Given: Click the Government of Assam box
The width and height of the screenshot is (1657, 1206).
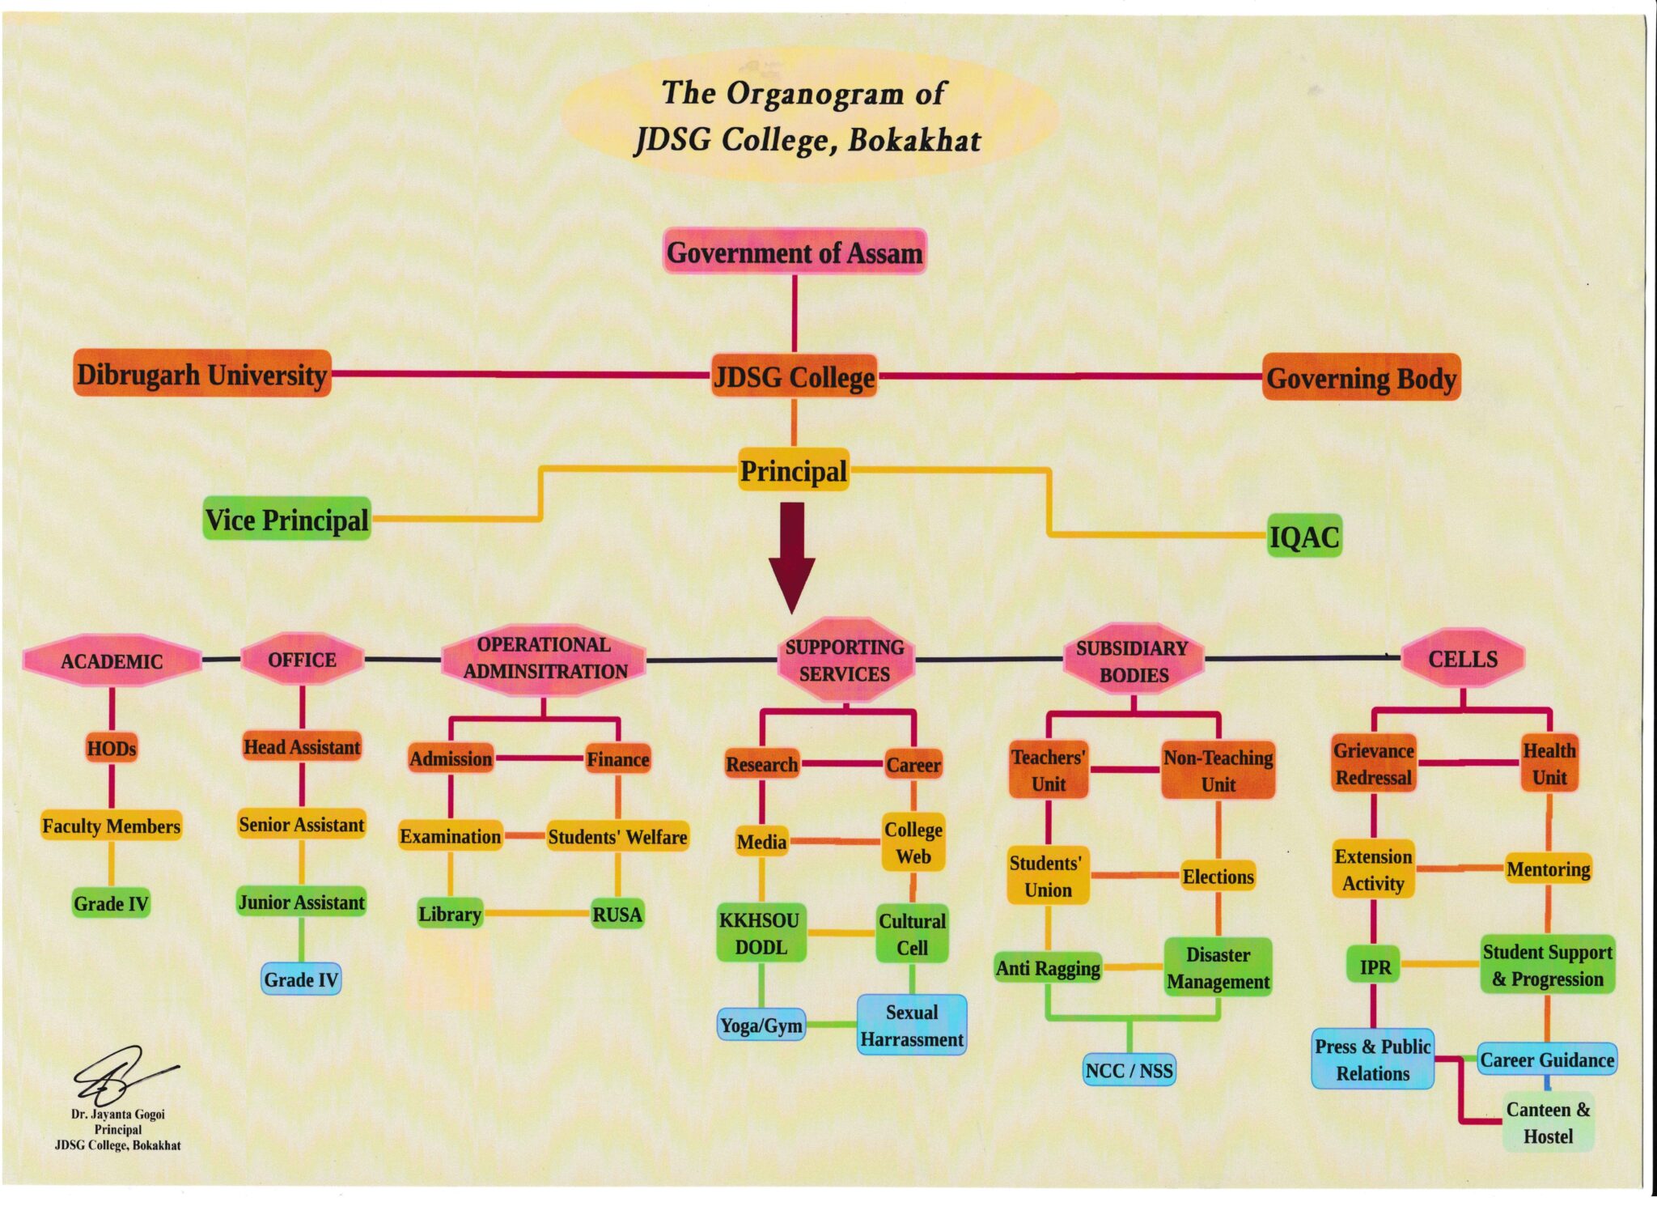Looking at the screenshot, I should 794,253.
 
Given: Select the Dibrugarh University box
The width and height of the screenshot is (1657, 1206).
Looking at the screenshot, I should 201,374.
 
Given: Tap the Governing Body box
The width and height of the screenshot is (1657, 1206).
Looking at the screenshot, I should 1361,378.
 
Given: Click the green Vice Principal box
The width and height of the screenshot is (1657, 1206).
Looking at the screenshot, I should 286,520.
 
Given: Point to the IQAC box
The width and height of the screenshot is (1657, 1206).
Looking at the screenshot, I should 1304,536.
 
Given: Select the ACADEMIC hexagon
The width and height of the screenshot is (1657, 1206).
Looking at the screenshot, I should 112,660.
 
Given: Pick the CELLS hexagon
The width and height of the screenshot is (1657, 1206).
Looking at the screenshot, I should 1462,659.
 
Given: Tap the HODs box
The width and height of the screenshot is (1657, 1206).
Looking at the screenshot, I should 112,748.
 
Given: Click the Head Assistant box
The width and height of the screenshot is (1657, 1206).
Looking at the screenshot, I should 302,746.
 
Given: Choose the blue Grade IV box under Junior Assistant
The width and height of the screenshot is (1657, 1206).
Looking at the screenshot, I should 301,979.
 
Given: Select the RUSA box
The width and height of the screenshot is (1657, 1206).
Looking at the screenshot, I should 617,914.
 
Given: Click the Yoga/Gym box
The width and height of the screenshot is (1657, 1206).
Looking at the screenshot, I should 761,1026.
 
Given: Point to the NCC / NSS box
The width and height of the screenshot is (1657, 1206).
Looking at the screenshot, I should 1129,1070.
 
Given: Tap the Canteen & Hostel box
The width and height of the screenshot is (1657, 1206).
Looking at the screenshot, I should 1548,1123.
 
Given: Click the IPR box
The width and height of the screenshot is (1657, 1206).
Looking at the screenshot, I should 1375,966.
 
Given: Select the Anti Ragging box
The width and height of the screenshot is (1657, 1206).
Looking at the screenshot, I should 1048,968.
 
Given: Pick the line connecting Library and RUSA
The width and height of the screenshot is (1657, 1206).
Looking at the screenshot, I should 536,914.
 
